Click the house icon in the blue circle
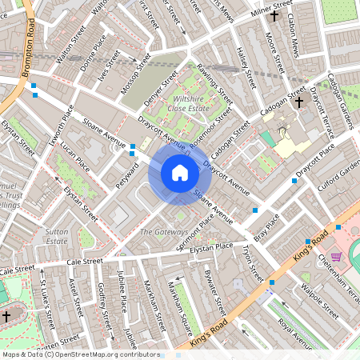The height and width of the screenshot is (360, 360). click(180, 173)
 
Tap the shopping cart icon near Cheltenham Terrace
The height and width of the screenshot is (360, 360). click(336, 257)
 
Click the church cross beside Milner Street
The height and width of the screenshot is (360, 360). click(274, 15)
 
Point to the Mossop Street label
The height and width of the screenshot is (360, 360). click(134, 72)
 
